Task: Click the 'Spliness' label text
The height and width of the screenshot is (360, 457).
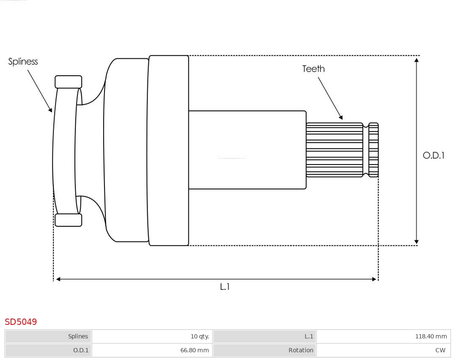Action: click(x=23, y=62)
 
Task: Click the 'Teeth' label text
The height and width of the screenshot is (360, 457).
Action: click(x=314, y=69)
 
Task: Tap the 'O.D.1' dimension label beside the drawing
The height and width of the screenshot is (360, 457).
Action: click(x=434, y=156)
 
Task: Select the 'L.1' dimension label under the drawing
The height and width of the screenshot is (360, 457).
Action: click(x=225, y=287)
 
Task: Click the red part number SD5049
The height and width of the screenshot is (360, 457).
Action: click(x=21, y=322)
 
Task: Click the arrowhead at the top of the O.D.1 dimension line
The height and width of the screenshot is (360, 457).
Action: click(x=417, y=60)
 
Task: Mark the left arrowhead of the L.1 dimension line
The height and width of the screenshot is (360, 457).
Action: click(x=58, y=279)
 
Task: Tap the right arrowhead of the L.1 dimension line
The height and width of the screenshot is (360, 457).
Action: click(x=374, y=279)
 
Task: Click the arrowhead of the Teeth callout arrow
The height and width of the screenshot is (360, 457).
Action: click(x=341, y=117)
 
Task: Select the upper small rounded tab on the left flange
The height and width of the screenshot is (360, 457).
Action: click(x=69, y=82)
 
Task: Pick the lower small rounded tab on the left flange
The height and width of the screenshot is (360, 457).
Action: click(x=69, y=220)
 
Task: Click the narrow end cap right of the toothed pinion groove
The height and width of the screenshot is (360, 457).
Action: click(x=373, y=150)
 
